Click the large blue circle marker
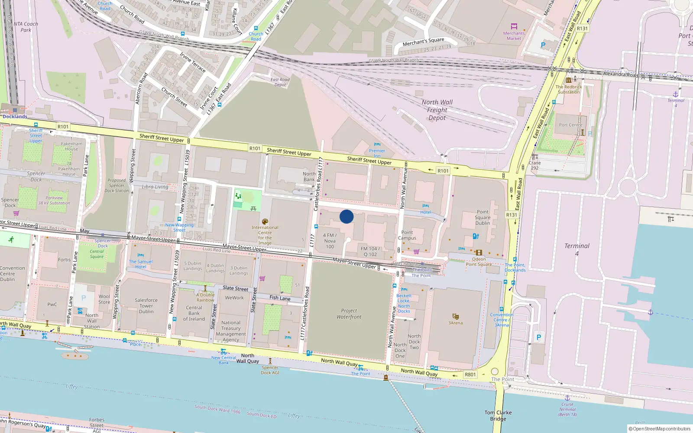tap(346, 216)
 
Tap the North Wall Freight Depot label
tap(437, 110)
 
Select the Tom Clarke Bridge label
tap(498, 416)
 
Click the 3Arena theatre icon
tap(455, 317)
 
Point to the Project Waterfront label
tap(349, 314)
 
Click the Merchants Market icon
tap(514, 27)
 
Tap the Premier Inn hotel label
tap(377, 153)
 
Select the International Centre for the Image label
tap(265, 235)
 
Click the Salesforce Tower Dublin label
tap(146, 306)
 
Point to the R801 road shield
tap(470, 375)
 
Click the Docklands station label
tap(15, 116)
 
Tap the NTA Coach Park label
tap(26, 27)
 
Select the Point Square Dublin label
tap(483, 217)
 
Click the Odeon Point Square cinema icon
tap(479, 252)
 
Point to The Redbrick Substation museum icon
tap(569, 81)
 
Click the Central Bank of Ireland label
tap(194, 313)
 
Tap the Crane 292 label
tap(535, 165)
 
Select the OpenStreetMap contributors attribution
tap(661, 429)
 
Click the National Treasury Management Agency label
tap(231, 331)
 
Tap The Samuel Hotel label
tap(141, 264)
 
